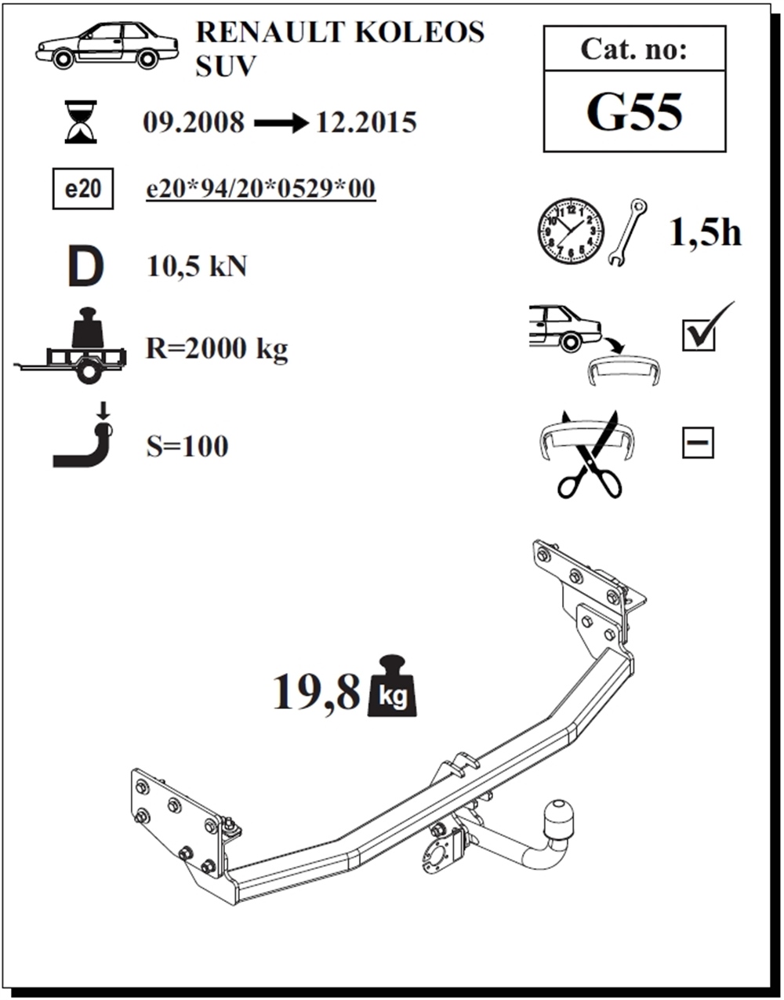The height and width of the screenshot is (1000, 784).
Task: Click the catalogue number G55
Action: point(634,112)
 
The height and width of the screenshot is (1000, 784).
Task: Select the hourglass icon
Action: point(81,122)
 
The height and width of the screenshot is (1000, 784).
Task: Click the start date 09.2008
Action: point(194,122)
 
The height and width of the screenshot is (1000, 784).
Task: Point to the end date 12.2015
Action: point(366,122)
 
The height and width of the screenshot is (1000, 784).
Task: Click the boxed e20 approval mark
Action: point(83,189)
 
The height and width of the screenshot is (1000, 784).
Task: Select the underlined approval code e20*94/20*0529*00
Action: point(261,189)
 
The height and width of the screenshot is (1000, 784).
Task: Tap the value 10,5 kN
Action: point(197,266)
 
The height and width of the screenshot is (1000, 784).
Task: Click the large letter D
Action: point(86,266)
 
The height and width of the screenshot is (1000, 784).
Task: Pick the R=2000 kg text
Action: point(216,348)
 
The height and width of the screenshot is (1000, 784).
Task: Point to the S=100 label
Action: point(187,446)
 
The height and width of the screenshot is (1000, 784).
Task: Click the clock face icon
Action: point(571,231)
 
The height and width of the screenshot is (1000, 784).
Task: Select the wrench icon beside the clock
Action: point(628,232)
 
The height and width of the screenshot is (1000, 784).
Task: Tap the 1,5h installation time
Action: point(706,232)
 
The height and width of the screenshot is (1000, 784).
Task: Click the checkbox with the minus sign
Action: point(698,442)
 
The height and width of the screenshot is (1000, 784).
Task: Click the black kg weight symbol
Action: point(392,686)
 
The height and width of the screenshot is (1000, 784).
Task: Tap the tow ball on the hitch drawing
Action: point(558,820)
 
